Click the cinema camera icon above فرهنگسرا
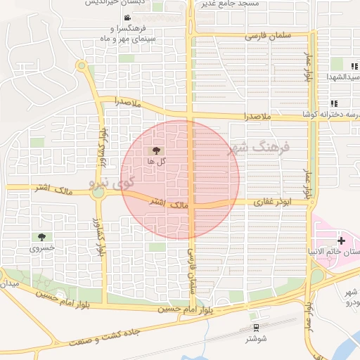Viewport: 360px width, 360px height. click(x=126, y=18)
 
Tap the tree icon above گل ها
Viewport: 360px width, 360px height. click(x=156, y=150)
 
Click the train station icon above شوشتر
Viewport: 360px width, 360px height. click(x=255, y=327)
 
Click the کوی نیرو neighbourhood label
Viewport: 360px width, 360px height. click(x=111, y=182)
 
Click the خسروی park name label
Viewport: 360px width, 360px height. click(x=41, y=248)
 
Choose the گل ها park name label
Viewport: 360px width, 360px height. click(x=156, y=161)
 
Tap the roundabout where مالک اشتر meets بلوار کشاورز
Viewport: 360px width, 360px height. click(x=98, y=191)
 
